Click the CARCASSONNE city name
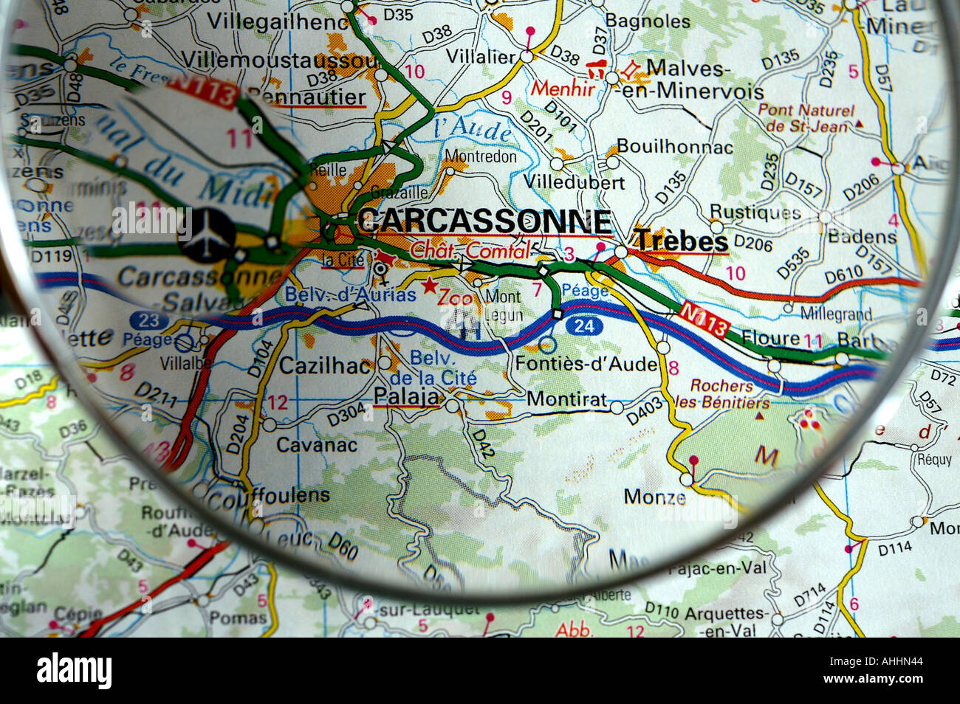(x=484, y=221)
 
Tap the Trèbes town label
(x=681, y=241)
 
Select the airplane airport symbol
(x=207, y=234)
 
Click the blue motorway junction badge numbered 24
(x=583, y=326)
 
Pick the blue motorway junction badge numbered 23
(x=148, y=320)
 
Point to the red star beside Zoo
(x=428, y=284)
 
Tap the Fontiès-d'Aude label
(x=586, y=363)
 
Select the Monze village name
(x=654, y=497)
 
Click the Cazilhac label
(x=325, y=365)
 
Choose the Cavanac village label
(x=316, y=444)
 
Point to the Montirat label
(x=566, y=398)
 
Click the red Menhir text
(x=563, y=89)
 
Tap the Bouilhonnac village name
(x=674, y=146)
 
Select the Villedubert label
(x=574, y=182)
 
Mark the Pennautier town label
(x=306, y=97)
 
